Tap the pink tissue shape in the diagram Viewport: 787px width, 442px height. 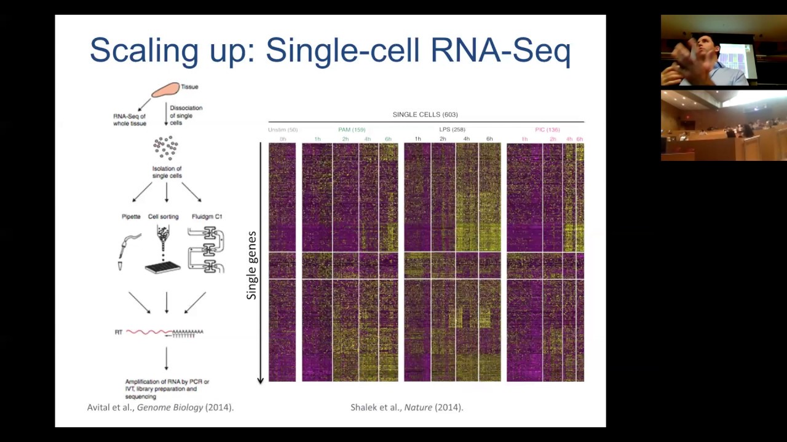click(165, 90)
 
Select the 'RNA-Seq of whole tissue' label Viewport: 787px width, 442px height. click(130, 119)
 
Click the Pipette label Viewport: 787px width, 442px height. click(131, 217)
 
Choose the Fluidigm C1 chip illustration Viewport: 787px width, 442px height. click(207, 250)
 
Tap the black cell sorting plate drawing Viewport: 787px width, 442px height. click(163, 267)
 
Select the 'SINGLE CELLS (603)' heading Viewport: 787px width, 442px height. click(425, 115)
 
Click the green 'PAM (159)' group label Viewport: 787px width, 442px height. click(352, 130)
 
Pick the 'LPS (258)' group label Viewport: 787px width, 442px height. click(452, 130)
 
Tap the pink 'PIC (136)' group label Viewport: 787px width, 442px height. click(547, 130)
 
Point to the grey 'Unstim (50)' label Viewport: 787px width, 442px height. click(282, 130)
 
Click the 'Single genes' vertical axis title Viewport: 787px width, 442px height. click(251, 265)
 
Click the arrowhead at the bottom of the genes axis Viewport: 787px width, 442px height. click(261, 381)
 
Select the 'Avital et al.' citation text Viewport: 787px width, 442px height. click(111, 407)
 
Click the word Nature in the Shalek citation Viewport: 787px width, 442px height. click(418, 407)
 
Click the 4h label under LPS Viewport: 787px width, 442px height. click(466, 139)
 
